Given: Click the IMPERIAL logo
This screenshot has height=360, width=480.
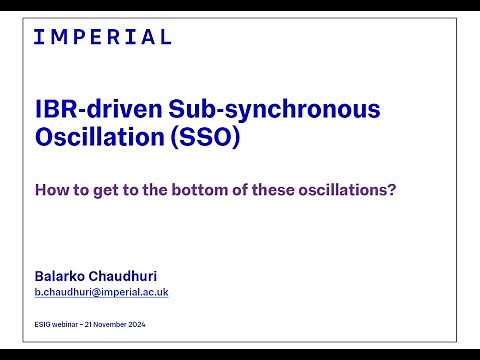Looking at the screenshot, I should (x=102, y=37).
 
